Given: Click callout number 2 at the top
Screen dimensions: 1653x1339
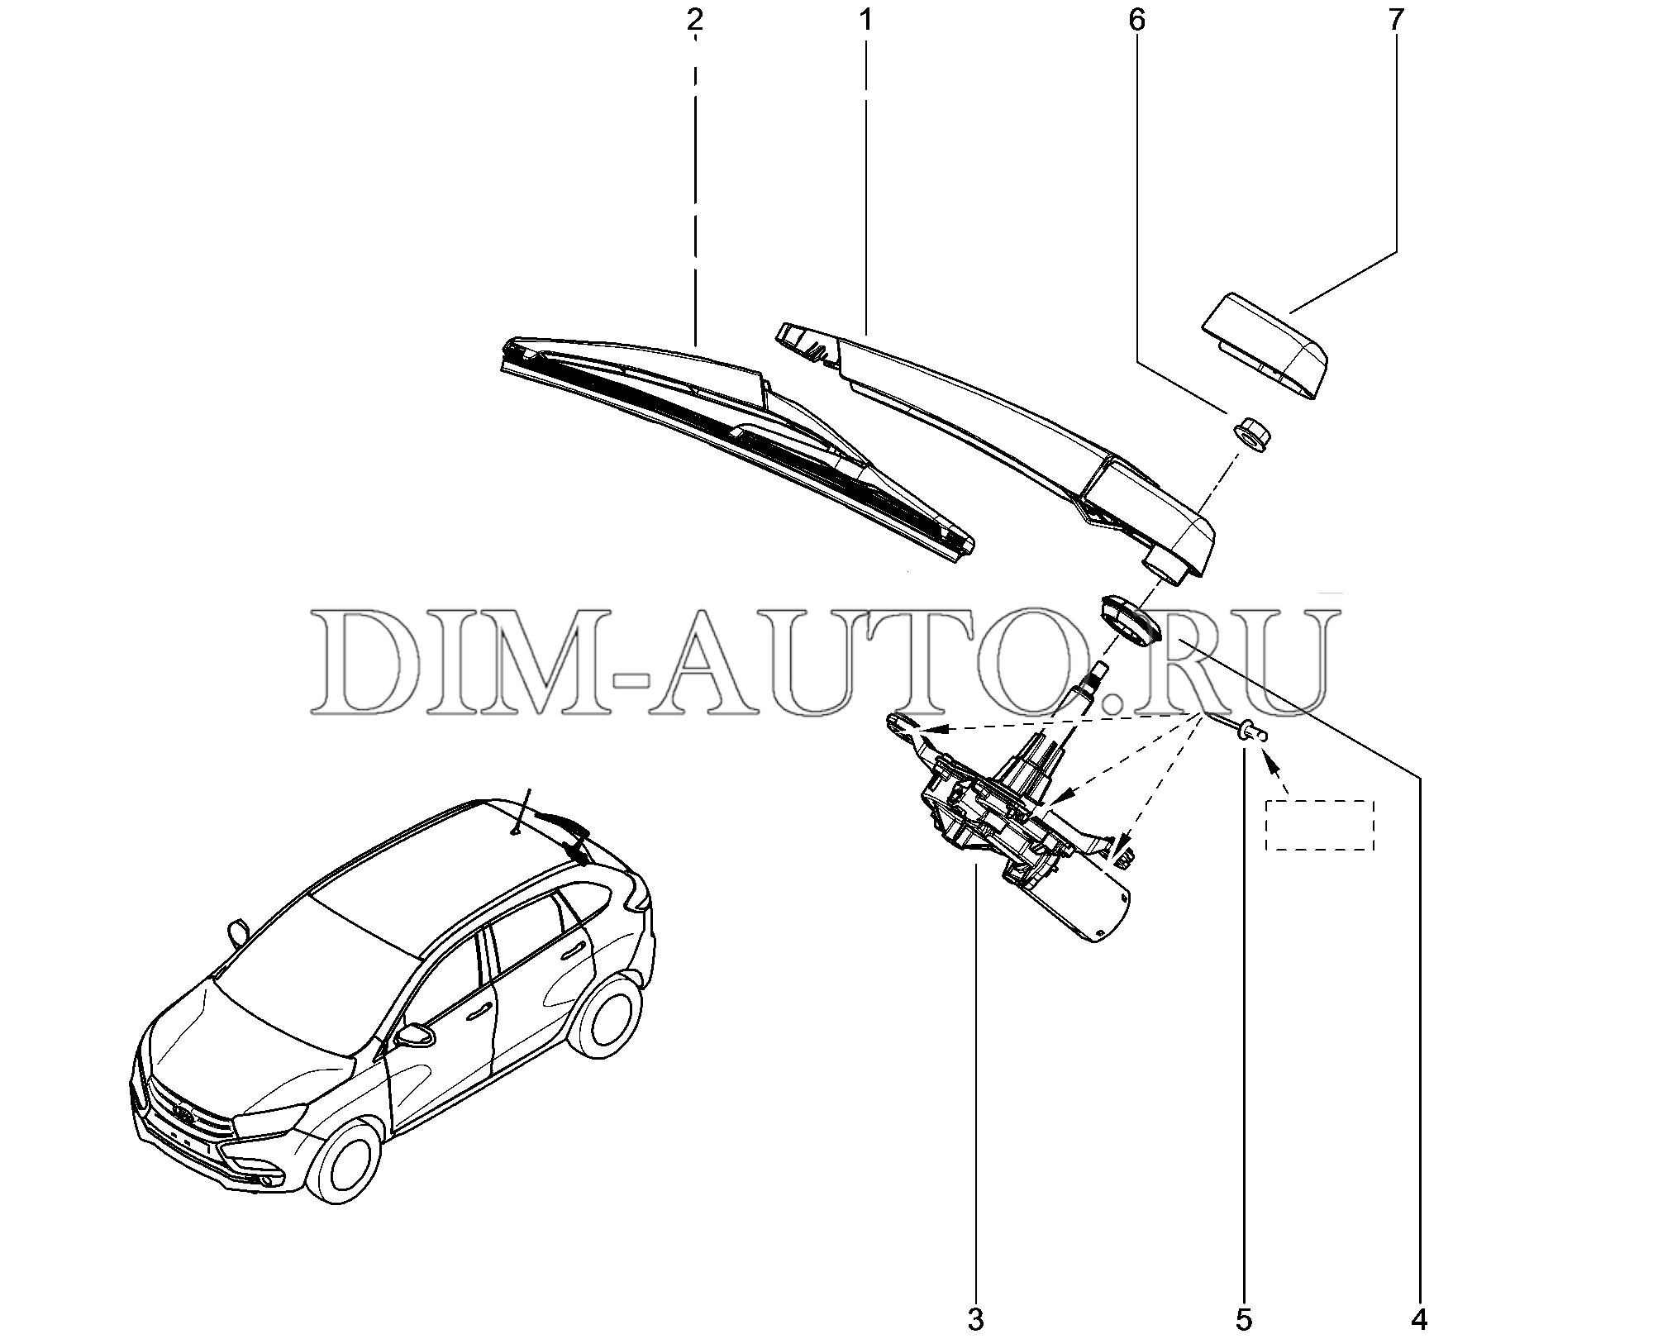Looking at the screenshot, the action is (694, 21).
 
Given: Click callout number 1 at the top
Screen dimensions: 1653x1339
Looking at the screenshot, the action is (865, 21).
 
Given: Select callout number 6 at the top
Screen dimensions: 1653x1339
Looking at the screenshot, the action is (1137, 21).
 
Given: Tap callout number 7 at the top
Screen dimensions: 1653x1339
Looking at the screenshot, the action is (1396, 21).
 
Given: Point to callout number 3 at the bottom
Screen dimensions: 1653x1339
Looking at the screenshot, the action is (976, 1319).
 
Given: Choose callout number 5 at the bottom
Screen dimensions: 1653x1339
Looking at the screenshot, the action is (1244, 1319).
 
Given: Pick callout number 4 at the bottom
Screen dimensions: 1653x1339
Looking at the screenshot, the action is (1420, 1319).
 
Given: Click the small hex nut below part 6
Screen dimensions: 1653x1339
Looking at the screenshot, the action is (1252, 433).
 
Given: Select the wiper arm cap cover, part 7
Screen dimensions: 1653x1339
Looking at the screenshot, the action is (1265, 345).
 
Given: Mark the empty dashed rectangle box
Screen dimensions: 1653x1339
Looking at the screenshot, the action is (1320, 825).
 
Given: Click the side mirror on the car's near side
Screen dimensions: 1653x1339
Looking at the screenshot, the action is (416, 1036).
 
